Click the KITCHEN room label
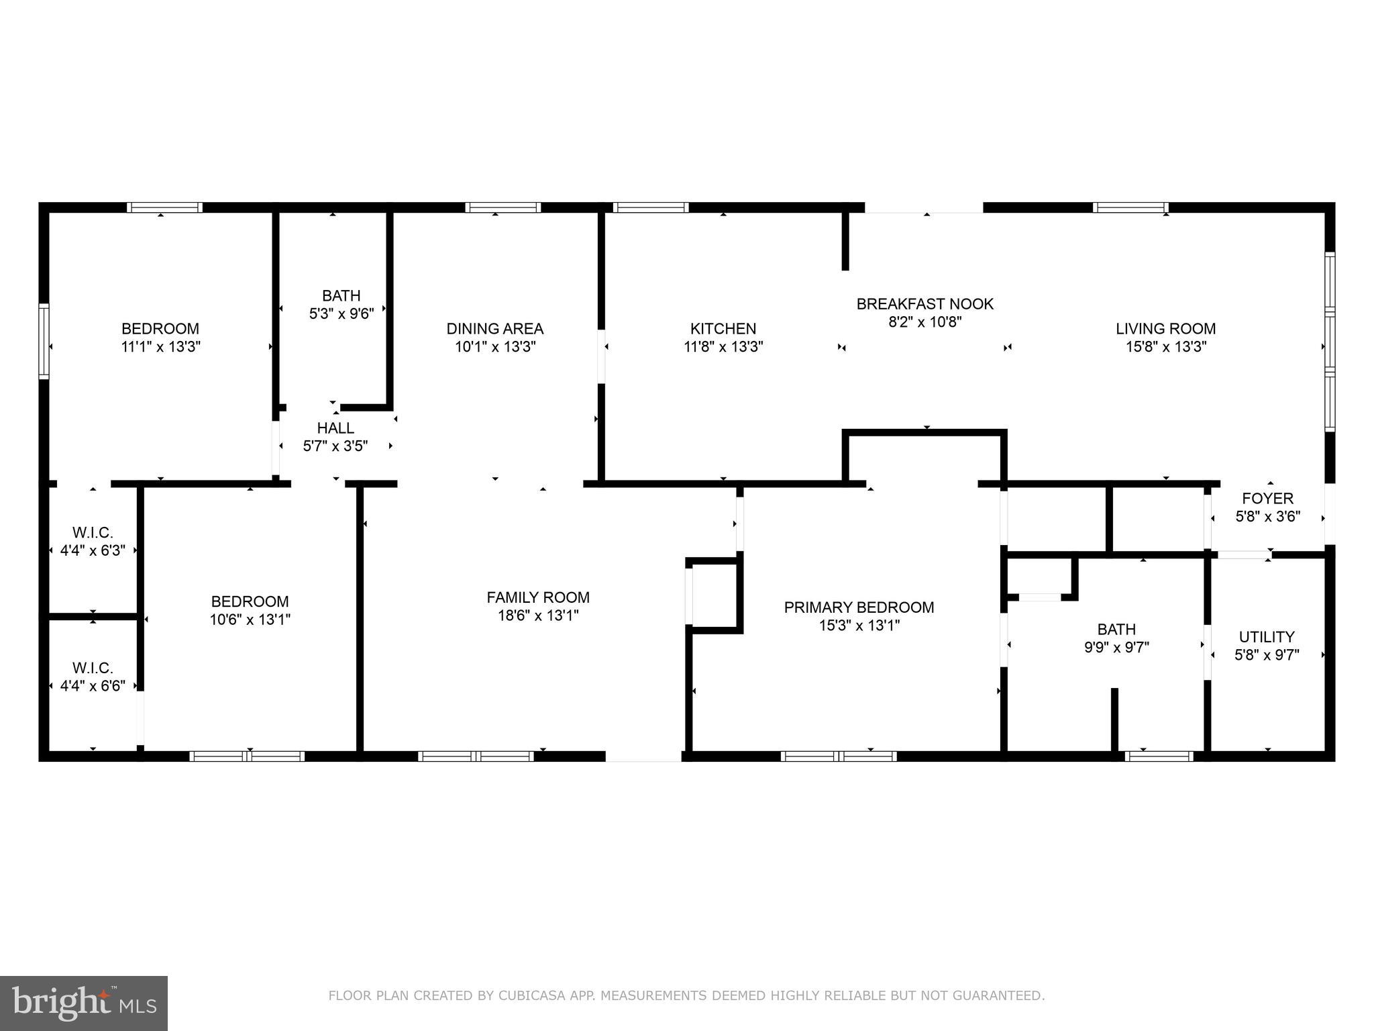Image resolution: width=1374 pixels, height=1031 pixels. point(723,328)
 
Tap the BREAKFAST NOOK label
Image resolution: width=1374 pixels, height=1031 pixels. point(924,303)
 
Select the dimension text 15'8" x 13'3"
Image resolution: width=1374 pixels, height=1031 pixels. point(1166,347)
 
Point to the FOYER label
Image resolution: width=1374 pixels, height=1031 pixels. point(1267,498)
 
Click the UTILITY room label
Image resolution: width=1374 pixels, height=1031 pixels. point(1266,636)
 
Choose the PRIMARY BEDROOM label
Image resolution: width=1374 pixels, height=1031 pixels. point(859,607)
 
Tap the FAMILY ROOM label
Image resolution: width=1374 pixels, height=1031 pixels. point(538,597)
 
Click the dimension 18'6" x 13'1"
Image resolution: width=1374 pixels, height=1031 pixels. point(538,616)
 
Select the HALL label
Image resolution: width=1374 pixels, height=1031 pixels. point(335,428)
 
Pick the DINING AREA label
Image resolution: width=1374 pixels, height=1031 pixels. point(495,328)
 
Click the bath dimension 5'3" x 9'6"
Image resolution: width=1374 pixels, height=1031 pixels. point(341,313)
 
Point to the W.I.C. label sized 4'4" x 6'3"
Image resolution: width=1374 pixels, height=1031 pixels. point(93,532)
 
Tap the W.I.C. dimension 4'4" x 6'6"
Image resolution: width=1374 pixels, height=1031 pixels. point(93,686)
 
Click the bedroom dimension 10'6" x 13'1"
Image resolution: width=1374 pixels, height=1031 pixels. point(250,620)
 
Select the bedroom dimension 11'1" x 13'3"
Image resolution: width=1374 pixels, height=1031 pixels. point(160,347)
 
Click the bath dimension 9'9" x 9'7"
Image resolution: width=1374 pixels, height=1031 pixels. point(1116,648)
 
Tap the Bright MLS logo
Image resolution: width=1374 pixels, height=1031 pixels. point(83,1003)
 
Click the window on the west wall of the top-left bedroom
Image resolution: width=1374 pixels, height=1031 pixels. point(44,340)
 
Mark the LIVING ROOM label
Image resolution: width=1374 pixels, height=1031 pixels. point(1165,328)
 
